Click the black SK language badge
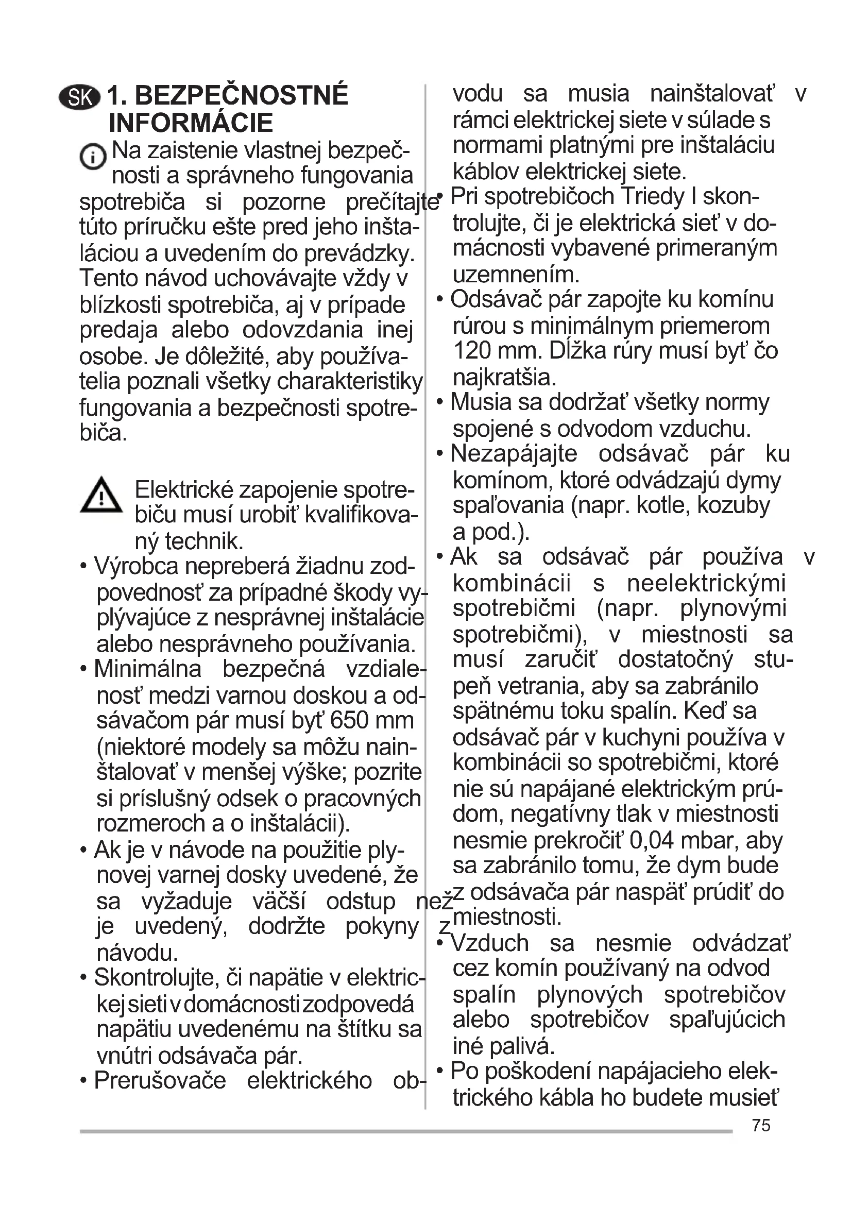tap(79, 97)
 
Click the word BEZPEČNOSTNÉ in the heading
tap(241, 95)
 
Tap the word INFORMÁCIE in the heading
tap(191, 123)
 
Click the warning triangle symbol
tap(101, 496)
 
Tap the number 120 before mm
tap(472, 351)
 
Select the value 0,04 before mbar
tap(651, 840)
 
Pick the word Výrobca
tap(136, 567)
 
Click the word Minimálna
tap(147, 669)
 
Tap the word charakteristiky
tap(349, 382)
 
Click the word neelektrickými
tap(706, 584)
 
